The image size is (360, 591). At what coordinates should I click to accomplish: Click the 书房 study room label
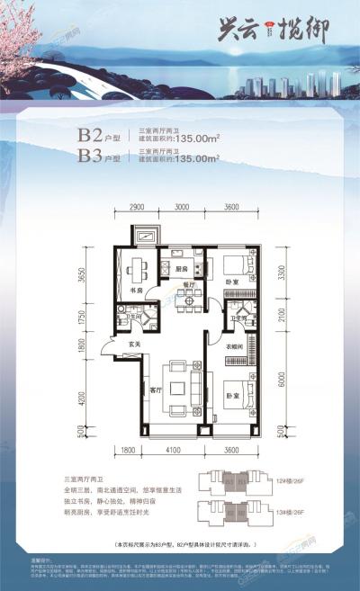pos(138,291)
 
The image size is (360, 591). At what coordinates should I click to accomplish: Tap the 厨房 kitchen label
pos(181,268)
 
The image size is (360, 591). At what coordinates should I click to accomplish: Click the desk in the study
pos(137,267)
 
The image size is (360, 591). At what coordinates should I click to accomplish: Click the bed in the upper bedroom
pos(236,265)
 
